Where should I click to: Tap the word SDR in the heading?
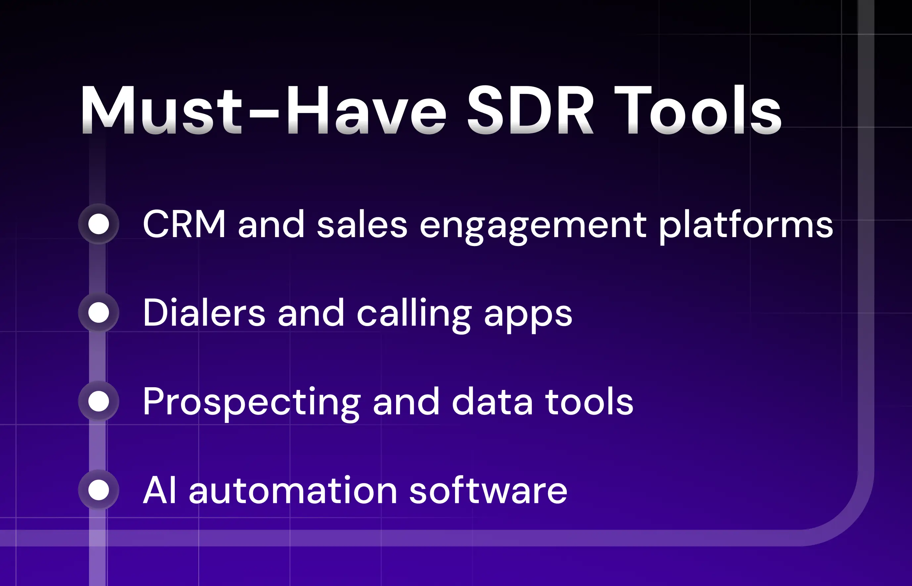pos(529,110)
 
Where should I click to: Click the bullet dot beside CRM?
pos(99,224)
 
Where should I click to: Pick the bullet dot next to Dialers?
pos(99,313)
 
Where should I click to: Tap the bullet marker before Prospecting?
pos(99,401)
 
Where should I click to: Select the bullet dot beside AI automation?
pos(99,490)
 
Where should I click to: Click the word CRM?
pos(184,225)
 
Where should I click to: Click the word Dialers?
pos(204,313)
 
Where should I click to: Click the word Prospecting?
pos(251,402)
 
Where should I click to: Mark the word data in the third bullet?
pos(492,402)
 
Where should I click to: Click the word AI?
pos(160,490)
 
